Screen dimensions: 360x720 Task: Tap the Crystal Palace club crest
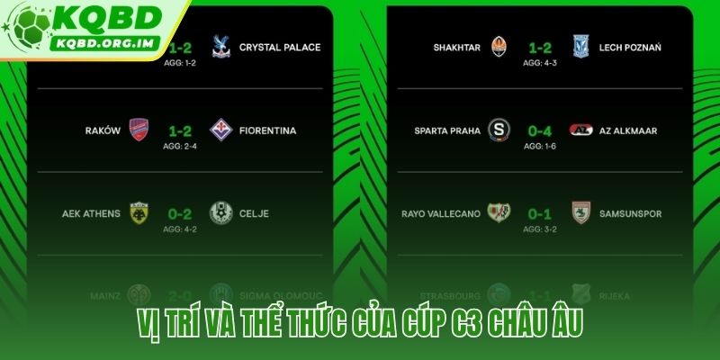pyautogui.click(x=218, y=47)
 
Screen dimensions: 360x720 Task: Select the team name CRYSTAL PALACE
pyautogui.click(x=280, y=48)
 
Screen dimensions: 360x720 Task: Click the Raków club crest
pyautogui.click(x=139, y=130)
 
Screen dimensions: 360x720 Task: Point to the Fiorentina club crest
pyautogui.click(x=218, y=130)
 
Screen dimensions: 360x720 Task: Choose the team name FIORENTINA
pyautogui.click(x=268, y=130)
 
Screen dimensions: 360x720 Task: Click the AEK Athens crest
pyautogui.click(x=139, y=213)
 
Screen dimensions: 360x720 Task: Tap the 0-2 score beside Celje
pyautogui.click(x=178, y=213)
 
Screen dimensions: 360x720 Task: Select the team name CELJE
pyautogui.click(x=254, y=214)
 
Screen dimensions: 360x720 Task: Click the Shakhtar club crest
pyautogui.click(x=499, y=47)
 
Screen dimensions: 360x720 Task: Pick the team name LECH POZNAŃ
pyautogui.click(x=629, y=48)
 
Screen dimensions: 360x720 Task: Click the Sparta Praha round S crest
pyautogui.click(x=499, y=130)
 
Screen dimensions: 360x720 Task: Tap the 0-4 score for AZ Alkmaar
pyautogui.click(x=539, y=130)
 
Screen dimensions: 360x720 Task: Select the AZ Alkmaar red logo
pyautogui.click(x=580, y=130)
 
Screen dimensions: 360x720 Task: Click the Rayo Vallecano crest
pyautogui.click(x=499, y=213)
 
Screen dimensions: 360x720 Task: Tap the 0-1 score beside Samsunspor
pyautogui.click(x=539, y=213)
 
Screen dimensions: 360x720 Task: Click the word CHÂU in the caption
pyautogui.click(x=512, y=323)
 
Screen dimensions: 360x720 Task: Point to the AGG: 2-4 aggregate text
pyautogui.click(x=178, y=145)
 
